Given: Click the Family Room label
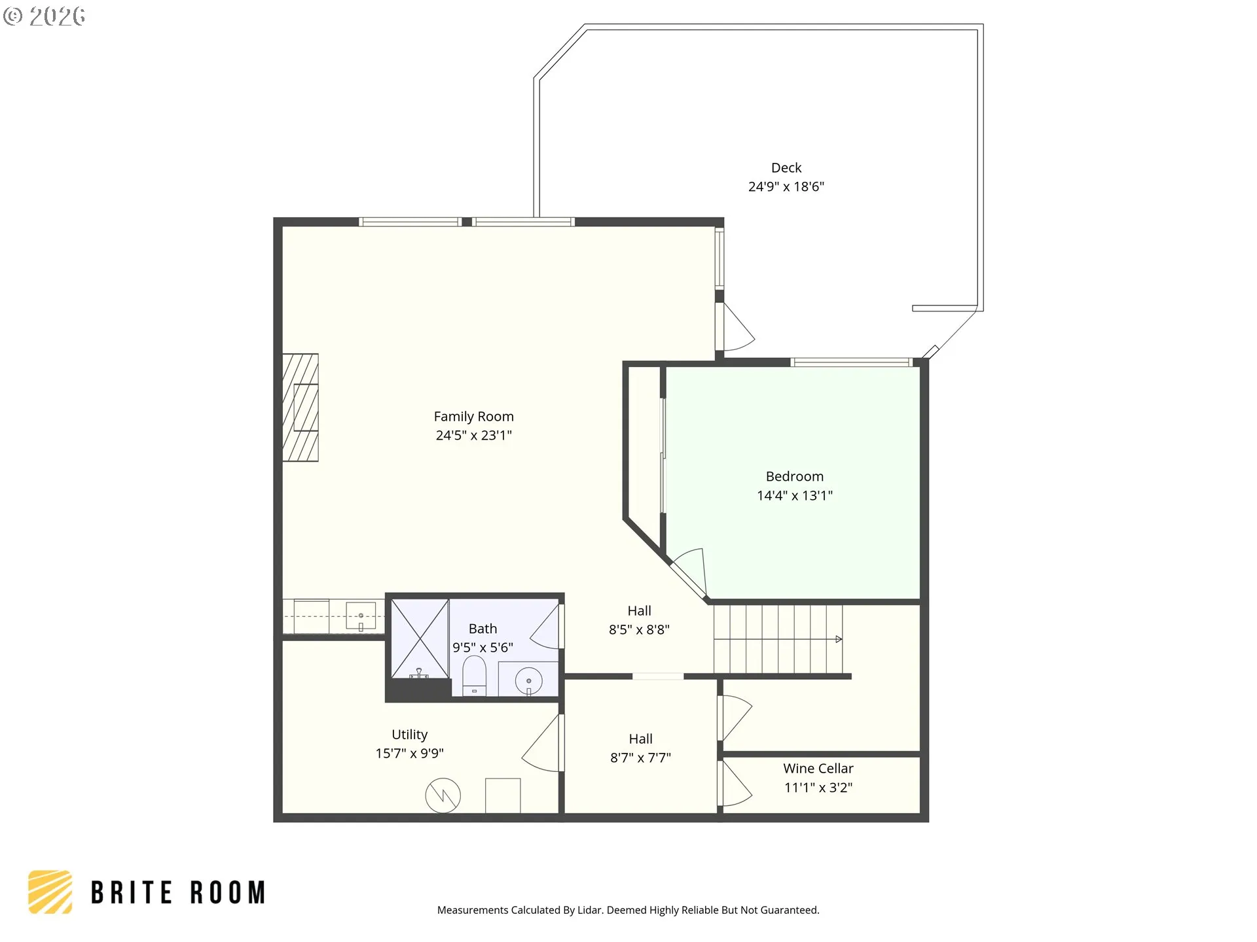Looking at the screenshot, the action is tap(473, 417).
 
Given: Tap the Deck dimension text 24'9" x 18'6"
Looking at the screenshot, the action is tap(786, 187).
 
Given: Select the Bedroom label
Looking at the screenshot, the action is tap(795, 476).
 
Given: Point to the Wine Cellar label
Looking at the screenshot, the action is tap(818, 769).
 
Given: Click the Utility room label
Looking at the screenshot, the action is tap(410, 735).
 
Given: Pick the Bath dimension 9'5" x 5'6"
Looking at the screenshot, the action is tap(483, 648).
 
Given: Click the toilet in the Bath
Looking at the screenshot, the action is tap(475, 676).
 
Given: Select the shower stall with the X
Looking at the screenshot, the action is tap(420, 638).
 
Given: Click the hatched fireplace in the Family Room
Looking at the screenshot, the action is tap(301, 408).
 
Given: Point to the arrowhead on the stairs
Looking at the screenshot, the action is tap(839, 639).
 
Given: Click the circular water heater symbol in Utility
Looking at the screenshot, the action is tap(443, 795).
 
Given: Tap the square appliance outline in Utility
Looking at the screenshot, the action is tap(503, 795).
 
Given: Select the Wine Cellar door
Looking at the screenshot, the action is tap(735, 784).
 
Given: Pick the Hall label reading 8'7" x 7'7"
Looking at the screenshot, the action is tap(640, 748).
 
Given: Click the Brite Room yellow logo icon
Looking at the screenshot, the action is tap(50, 892).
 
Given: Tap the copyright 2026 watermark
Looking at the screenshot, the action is tap(44, 16).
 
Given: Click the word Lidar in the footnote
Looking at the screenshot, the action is tap(590, 910).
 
